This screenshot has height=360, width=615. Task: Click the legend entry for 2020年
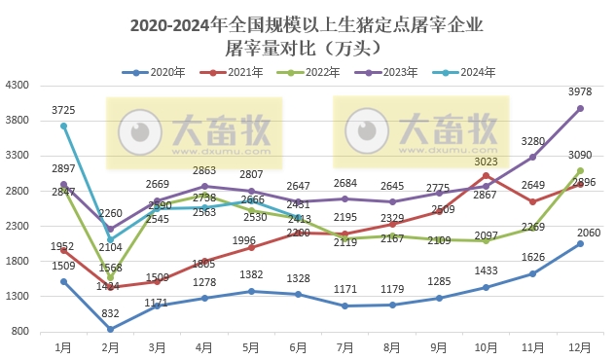pyautogui.click(x=154, y=72)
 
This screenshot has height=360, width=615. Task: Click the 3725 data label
pyautogui.click(x=63, y=109)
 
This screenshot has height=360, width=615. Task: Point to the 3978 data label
pyautogui.click(x=580, y=91)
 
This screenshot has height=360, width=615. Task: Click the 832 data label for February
pyautogui.click(x=110, y=312)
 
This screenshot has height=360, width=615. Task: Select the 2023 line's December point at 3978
pyautogui.click(x=581, y=108)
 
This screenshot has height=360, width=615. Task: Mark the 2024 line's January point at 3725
pyautogui.click(x=63, y=126)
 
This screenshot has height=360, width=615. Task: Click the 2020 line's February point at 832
pyautogui.click(x=110, y=329)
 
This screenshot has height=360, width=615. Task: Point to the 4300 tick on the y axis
pyautogui.click(x=19, y=86)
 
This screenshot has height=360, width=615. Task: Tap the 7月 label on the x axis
pyautogui.click(x=345, y=345)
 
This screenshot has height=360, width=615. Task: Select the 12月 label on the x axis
pyautogui.click(x=580, y=345)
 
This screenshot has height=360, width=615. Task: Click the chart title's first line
pyautogui.click(x=307, y=22)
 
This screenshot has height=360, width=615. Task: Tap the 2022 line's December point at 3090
pyautogui.click(x=581, y=170)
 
